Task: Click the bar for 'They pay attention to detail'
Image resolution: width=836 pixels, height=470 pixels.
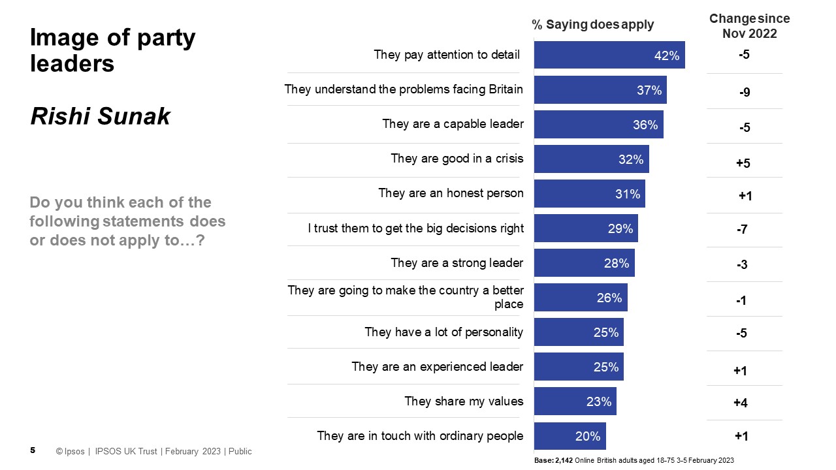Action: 609,55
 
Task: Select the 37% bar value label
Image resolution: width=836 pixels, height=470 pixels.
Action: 649,90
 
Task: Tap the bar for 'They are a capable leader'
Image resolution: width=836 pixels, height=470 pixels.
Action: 598,124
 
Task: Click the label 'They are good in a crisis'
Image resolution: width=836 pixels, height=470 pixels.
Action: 457,158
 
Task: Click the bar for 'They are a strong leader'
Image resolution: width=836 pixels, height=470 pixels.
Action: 584,263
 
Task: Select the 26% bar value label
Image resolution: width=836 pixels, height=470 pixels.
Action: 609,298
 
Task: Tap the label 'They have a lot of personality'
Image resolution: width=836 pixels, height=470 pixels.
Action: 443,332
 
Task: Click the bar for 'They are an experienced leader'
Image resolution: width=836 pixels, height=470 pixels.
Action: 579,367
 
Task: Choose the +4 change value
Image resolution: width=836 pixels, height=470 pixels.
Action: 740,403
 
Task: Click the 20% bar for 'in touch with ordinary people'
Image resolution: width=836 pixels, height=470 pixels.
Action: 570,436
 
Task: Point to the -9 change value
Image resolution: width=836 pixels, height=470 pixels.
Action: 744,93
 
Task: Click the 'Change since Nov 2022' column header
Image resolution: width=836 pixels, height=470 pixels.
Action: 749,26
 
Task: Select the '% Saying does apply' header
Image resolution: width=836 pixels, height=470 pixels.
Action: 592,25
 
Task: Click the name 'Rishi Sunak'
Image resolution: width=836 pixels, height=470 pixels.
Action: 100,116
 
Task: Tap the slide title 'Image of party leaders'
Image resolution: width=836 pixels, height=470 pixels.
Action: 112,50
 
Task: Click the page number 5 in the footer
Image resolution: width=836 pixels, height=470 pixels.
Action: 33,450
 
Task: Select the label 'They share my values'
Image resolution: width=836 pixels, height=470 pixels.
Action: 463,401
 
